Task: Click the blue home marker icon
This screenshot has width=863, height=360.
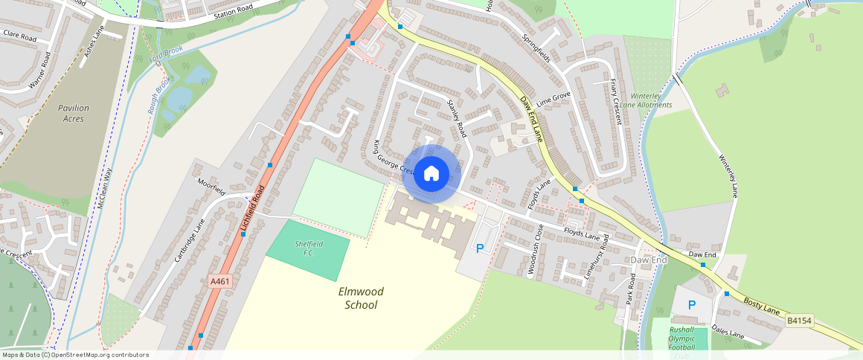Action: [431, 174]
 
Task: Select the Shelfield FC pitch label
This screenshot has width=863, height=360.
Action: [307, 248]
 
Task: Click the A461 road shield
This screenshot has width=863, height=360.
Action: [220, 281]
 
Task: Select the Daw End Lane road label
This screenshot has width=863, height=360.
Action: [531, 120]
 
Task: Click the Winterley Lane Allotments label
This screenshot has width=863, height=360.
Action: [650, 100]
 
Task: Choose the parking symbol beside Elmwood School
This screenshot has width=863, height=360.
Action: [480, 248]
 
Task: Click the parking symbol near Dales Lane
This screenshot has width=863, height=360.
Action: [692, 305]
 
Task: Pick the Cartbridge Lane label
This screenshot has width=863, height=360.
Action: [189, 240]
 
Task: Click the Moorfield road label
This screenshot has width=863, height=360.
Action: [211, 186]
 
